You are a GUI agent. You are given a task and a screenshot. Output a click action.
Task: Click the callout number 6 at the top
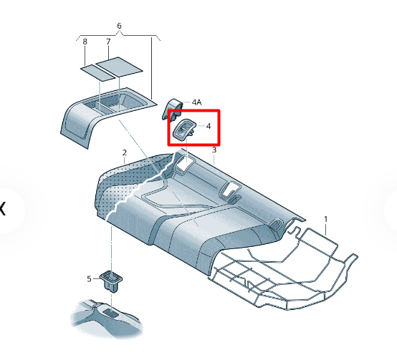click(x=119, y=26)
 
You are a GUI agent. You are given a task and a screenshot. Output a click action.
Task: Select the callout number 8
click(x=85, y=42)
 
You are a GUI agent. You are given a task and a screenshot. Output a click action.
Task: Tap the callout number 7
click(x=108, y=42)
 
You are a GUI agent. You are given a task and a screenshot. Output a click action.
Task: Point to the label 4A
click(x=197, y=102)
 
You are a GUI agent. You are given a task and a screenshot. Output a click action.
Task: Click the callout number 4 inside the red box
click(x=209, y=126)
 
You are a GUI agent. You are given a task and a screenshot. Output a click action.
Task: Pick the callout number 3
click(x=214, y=150)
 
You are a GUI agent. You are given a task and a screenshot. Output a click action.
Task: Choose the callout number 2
click(x=124, y=152)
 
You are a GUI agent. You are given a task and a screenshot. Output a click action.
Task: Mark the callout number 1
click(x=326, y=219)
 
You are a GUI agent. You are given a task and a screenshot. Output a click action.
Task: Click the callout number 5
click(x=89, y=279)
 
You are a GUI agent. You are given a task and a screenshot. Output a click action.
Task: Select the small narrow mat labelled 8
click(x=97, y=73)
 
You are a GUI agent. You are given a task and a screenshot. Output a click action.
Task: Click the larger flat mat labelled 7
click(x=119, y=67)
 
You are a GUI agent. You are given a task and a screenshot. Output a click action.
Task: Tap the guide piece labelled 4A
click(x=172, y=109)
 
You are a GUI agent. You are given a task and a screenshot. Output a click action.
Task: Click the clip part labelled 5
click(x=111, y=281)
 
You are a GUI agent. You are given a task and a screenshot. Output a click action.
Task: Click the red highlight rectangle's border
click(x=193, y=110)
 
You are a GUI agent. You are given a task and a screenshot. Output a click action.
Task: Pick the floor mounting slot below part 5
click(x=111, y=313)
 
